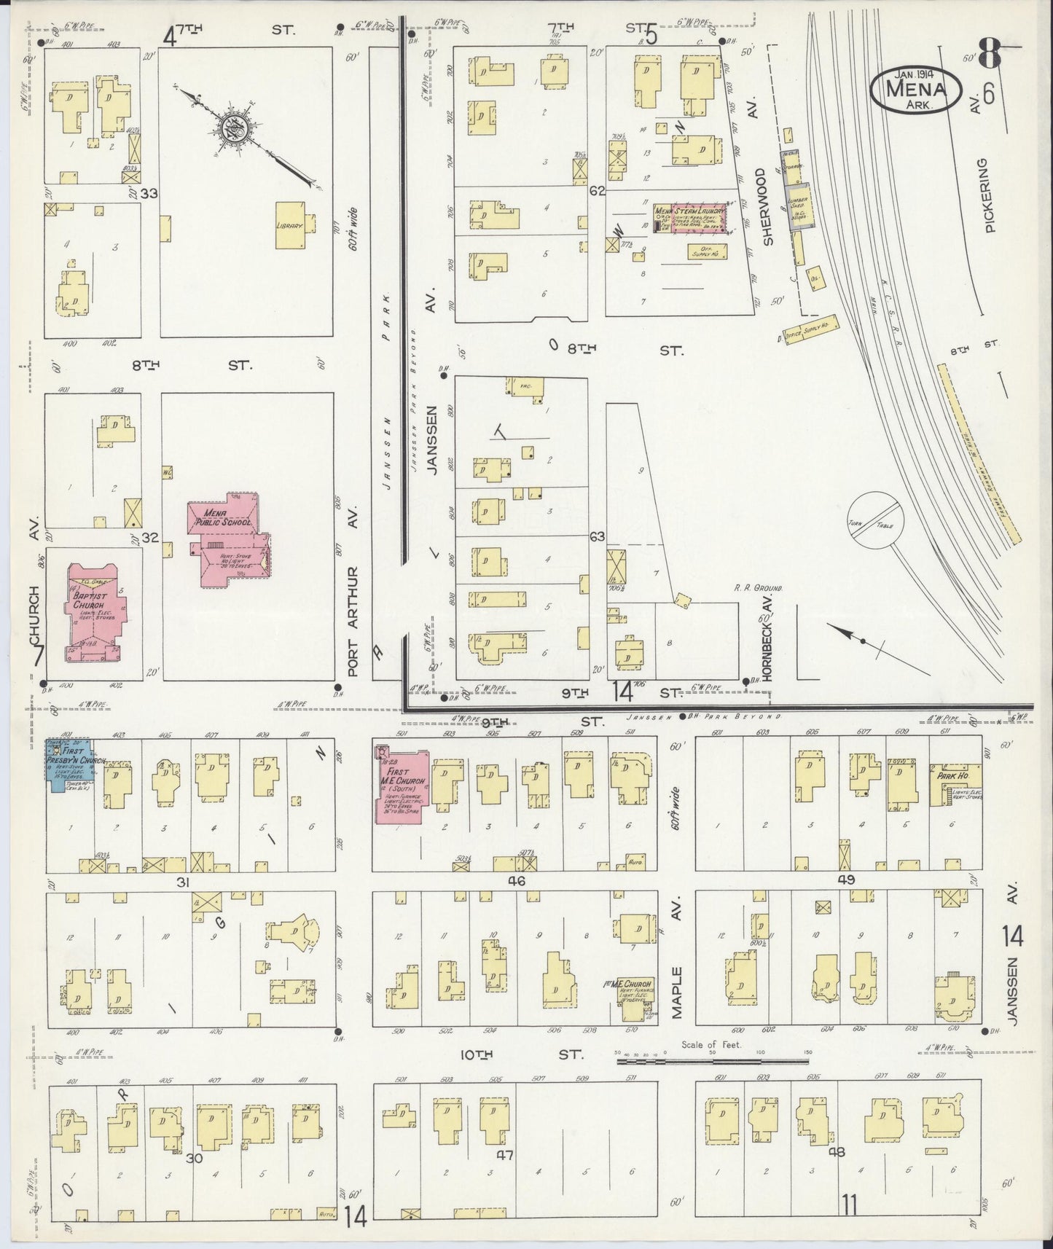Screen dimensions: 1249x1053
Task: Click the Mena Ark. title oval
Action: [913, 89]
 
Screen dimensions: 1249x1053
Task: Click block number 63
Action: [598, 538]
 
